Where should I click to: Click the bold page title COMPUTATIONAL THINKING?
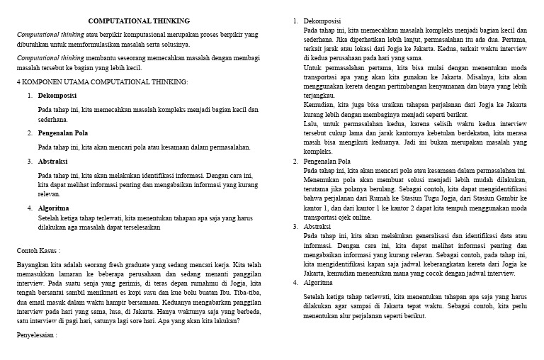point(138,21)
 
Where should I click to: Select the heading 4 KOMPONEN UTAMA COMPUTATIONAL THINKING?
point(103,81)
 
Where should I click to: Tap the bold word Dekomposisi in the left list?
point(57,95)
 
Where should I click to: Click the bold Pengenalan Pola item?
point(63,133)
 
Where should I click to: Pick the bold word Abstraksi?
point(53,161)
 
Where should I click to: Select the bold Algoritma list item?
point(53,208)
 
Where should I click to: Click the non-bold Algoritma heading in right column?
point(318,282)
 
